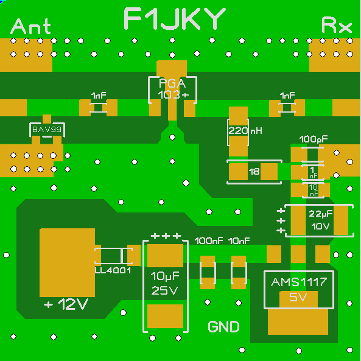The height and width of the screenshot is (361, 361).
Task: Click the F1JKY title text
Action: click(x=175, y=18)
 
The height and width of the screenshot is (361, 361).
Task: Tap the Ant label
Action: click(x=30, y=26)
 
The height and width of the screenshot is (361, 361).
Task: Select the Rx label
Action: click(x=337, y=25)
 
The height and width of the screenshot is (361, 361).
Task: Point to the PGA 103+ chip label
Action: click(x=172, y=89)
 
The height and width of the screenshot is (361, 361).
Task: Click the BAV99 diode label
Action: click(x=47, y=130)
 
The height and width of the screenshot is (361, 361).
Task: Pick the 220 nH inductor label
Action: click(x=245, y=131)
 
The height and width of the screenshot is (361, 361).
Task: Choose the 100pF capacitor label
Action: click(x=314, y=139)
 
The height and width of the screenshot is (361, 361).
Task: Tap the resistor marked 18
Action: click(x=254, y=171)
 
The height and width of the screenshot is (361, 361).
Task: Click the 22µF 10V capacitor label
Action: click(x=320, y=220)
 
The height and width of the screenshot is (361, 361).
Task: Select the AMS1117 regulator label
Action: click(x=299, y=282)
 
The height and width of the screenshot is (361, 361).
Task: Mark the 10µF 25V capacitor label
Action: click(x=165, y=283)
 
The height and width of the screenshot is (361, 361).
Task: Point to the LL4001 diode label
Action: click(x=113, y=270)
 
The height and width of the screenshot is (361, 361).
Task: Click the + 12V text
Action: click(x=66, y=304)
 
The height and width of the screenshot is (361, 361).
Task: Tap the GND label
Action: click(x=223, y=326)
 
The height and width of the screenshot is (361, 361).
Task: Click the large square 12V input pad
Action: click(x=67, y=262)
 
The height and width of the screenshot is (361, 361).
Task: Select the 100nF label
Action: click(x=209, y=241)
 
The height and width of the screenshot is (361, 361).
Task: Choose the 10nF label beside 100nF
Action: click(x=239, y=241)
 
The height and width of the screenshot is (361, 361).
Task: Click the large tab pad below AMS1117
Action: click(x=298, y=321)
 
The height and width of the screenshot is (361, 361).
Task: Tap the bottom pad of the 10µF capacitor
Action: click(x=165, y=316)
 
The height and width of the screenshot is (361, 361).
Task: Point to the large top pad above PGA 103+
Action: click(x=172, y=68)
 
